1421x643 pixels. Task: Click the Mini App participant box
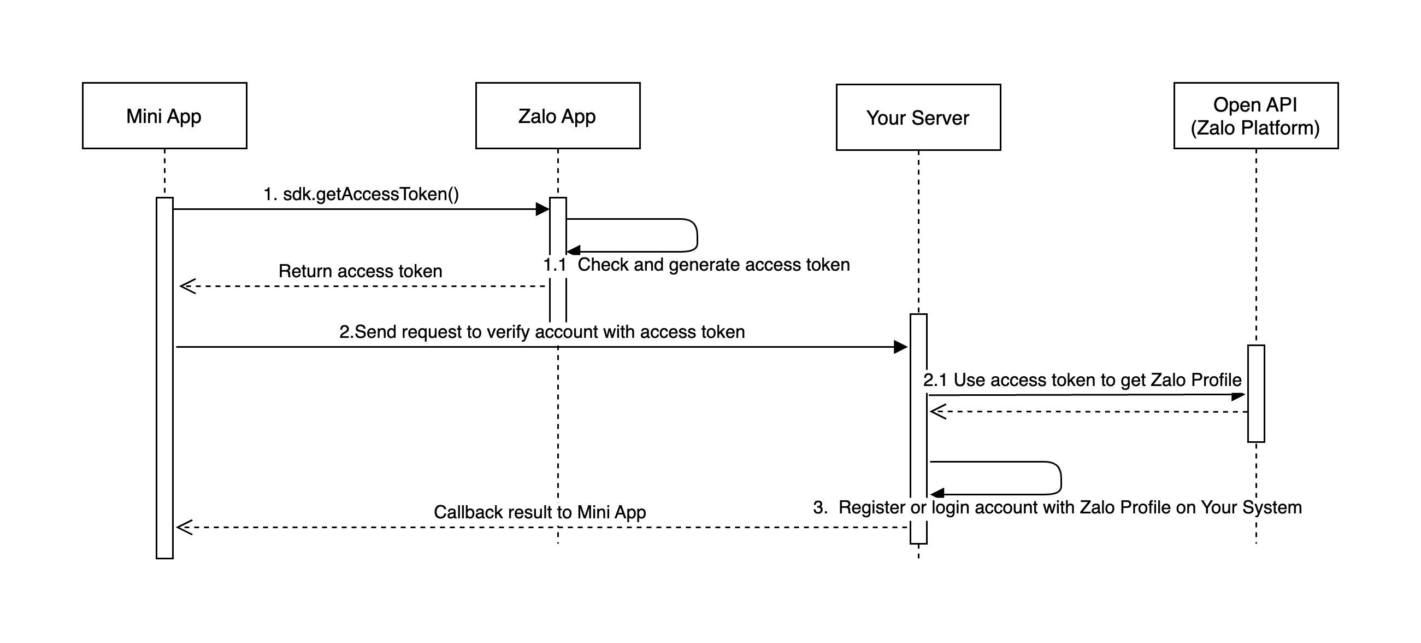(164, 115)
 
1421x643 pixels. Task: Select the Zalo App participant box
(557, 115)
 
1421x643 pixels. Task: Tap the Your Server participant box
(918, 117)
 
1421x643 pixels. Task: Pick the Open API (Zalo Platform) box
(1255, 115)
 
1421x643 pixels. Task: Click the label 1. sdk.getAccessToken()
(361, 194)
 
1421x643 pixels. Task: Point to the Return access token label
(360, 271)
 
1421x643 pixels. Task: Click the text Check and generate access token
(713, 265)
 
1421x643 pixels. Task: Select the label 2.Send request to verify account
(542, 332)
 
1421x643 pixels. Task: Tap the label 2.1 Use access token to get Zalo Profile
(1082, 379)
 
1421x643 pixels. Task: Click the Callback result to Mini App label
(539, 512)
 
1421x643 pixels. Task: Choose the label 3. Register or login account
(1057, 507)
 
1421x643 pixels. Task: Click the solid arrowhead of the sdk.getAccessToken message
(543, 209)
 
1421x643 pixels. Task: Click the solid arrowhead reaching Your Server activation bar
(901, 347)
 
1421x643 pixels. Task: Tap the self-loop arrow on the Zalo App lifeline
(697, 235)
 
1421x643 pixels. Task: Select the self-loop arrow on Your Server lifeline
(1060, 478)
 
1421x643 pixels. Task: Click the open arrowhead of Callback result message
(184, 527)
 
